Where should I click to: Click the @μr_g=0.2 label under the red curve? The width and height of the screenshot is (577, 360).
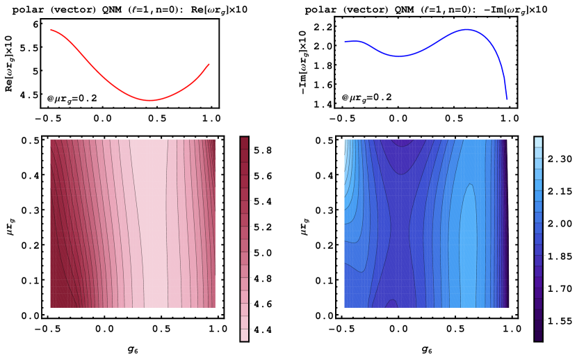click(x=72, y=99)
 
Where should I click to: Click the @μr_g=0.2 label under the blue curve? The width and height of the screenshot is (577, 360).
click(x=366, y=98)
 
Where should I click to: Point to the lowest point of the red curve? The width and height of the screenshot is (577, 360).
click(x=149, y=101)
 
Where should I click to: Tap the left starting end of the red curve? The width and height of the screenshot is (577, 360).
click(x=51, y=30)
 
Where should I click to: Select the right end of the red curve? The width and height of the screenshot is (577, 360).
click(x=209, y=65)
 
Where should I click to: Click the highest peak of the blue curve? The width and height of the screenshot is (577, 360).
click(x=466, y=30)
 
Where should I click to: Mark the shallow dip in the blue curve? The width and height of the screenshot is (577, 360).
click(x=398, y=56)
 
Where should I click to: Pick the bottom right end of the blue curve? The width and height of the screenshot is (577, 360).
click(x=507, y=99)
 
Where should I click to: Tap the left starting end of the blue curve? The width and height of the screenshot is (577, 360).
click(x=346, y=42)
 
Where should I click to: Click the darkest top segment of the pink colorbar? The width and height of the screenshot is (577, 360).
click(x=244, y=142)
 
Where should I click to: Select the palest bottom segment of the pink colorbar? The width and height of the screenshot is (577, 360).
click(x=244, y=335)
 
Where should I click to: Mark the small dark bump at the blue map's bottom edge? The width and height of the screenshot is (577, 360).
click(x=391, y=304)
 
